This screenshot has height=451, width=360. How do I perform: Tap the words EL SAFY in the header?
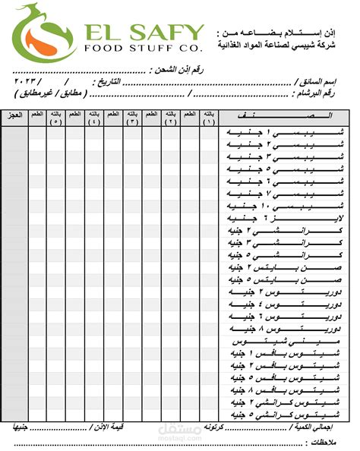(144, 32)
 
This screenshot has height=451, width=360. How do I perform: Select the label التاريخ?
(106, 80)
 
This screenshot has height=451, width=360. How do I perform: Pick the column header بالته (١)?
(209, 117)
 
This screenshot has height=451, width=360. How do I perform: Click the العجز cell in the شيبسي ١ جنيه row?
(14, 132)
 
